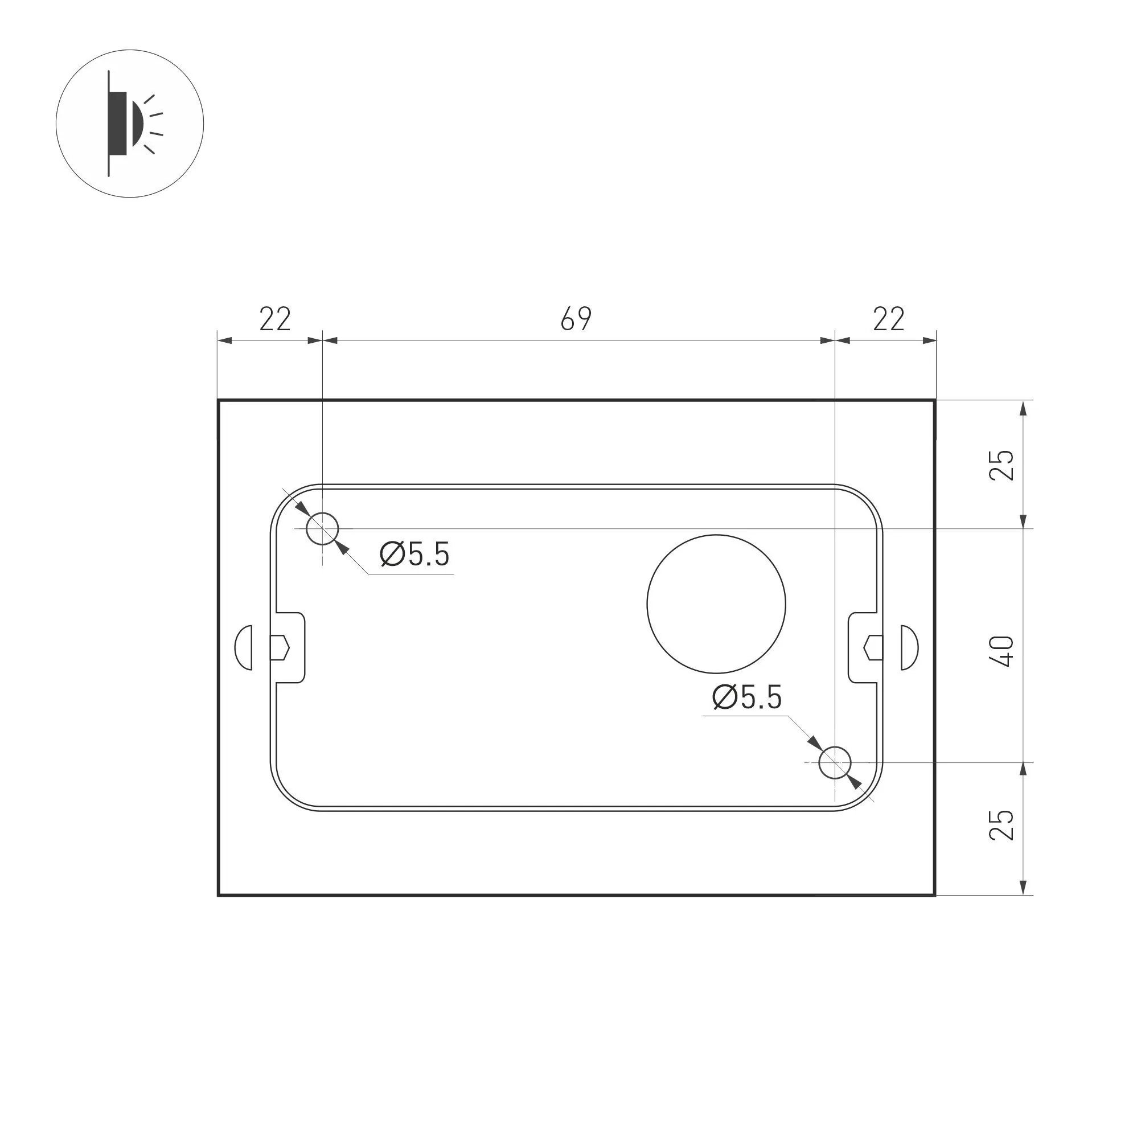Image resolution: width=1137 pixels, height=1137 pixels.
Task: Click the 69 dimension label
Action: pos(576,319)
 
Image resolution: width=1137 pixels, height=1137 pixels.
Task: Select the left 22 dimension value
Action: pos(275,319)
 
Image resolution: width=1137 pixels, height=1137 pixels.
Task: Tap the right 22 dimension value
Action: pos(888,319)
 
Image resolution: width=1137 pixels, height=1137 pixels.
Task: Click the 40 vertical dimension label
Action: pos(1002,651)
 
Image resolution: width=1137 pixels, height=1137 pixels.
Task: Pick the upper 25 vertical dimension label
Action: pos(1002,465)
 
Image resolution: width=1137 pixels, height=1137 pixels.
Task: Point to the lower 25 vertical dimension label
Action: pos(1002,824)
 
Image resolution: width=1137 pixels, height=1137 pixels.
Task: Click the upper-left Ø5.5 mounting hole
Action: pos(322,528)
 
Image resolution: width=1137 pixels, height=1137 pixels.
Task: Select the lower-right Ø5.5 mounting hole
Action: pos(835,762)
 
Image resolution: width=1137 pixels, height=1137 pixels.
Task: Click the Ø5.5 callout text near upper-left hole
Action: pos(415,555)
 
